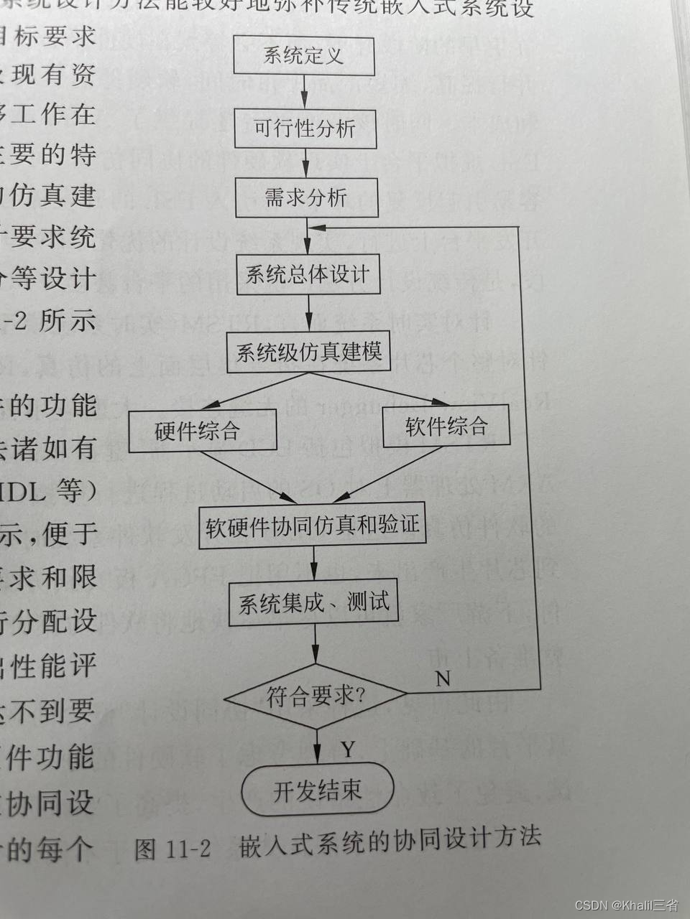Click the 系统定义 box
click(304, 56)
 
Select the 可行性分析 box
click(305, 129)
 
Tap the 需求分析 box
click(306, 197)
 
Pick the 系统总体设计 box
click(308, 274)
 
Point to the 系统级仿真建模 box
click(309, 352)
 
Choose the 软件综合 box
click(446, 426)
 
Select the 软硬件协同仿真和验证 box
click(312, 526)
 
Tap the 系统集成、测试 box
click(313, 602)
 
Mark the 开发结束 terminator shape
click(317, 791)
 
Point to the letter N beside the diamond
click(443, 678)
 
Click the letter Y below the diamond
click(347, 750)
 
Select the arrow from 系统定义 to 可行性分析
click(305, 92)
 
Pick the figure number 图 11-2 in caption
click(172, 849)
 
